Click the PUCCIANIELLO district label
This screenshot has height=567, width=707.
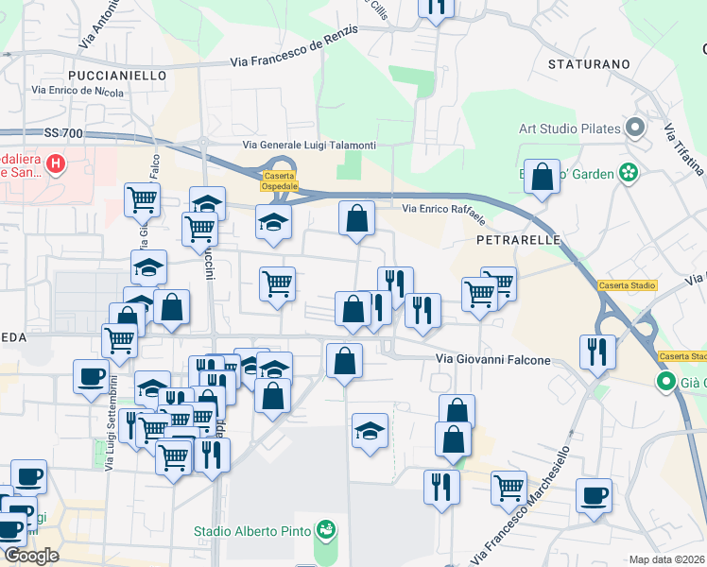[x=117, y=75]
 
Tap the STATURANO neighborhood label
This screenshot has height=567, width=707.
[x=589, y=64]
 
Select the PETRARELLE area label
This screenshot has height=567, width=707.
[x=519, y=240]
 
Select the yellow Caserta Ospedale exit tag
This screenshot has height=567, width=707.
[x=279, y=181]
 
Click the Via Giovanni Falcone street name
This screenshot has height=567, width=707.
[x=491, y=359]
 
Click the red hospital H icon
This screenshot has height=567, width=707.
[x=56, y=164]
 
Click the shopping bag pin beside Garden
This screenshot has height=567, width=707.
[x=543, y=177]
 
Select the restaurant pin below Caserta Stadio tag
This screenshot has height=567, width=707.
[x=597, y=351]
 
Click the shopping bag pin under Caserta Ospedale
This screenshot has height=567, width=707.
[x=356, y=218]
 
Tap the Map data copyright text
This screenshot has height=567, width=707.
[x=667, y=559]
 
